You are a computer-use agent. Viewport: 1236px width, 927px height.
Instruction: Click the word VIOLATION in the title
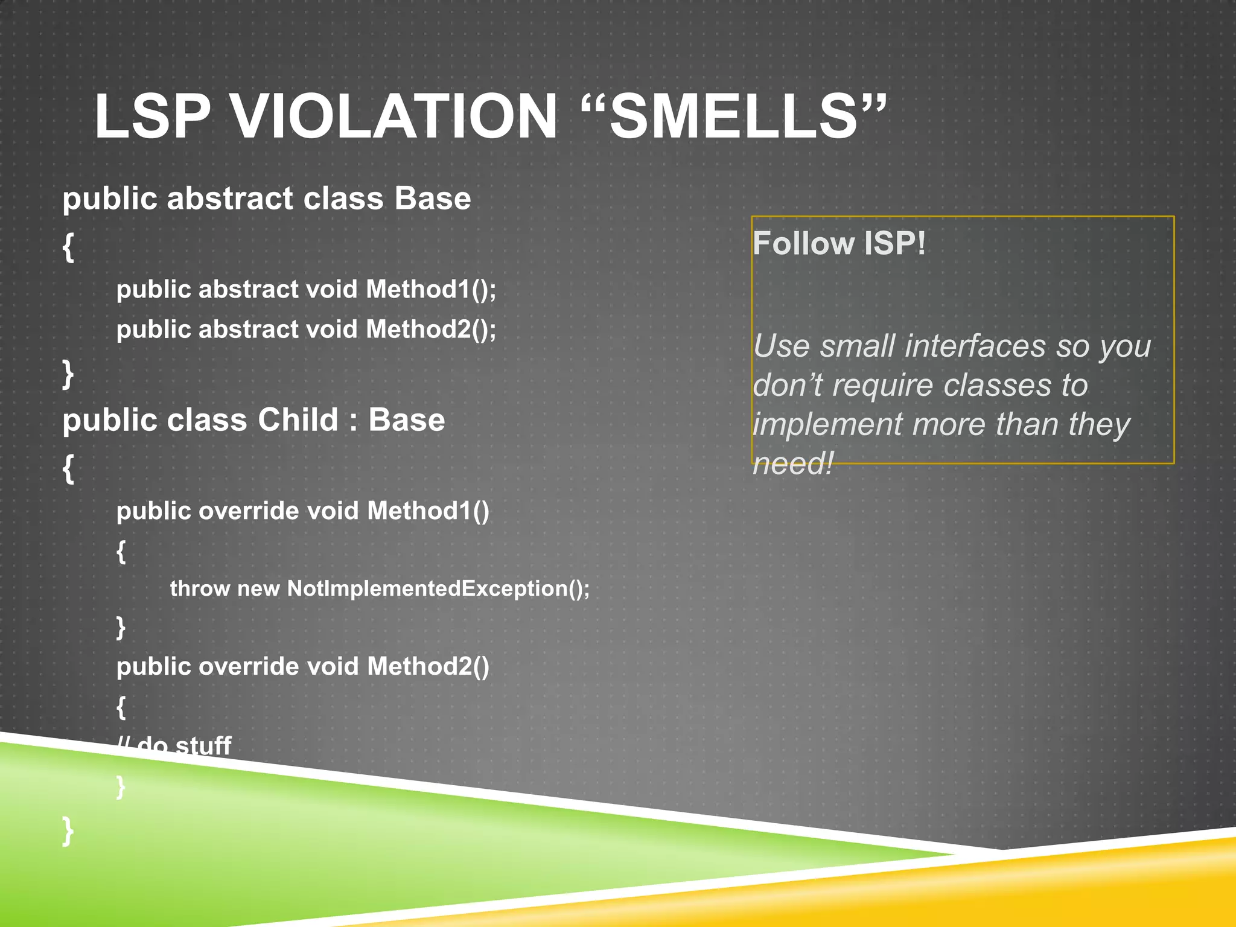tap(394, 116)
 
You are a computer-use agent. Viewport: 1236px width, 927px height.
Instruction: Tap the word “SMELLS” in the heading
tap(733, 116)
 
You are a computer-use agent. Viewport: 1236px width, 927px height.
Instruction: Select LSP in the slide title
tap(153, 116)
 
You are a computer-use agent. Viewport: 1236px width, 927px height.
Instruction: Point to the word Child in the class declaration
tap(298, 419)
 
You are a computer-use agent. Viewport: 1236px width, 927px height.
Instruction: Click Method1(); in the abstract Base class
tap(431, 289)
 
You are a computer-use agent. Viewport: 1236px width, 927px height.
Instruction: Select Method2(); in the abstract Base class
tap(431, 330)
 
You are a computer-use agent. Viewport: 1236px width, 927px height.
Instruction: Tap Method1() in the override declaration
tap(428, 511)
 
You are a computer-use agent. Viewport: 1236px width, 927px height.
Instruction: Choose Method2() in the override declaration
tap(428, 666)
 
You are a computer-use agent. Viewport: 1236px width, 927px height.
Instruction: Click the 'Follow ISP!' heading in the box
tap(839, 244)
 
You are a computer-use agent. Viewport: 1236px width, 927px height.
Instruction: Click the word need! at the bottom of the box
tap(793, 463)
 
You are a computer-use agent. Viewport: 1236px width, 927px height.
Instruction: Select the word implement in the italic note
tap(828, 424)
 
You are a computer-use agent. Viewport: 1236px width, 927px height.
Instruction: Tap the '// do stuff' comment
tap(174, 745)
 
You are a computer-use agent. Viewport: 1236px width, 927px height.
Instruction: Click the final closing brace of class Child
tap(68, 830)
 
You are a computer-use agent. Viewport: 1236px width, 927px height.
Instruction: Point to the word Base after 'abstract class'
tap(432, 199)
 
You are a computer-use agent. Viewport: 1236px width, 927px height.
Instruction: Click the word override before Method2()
tap(248, 666)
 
